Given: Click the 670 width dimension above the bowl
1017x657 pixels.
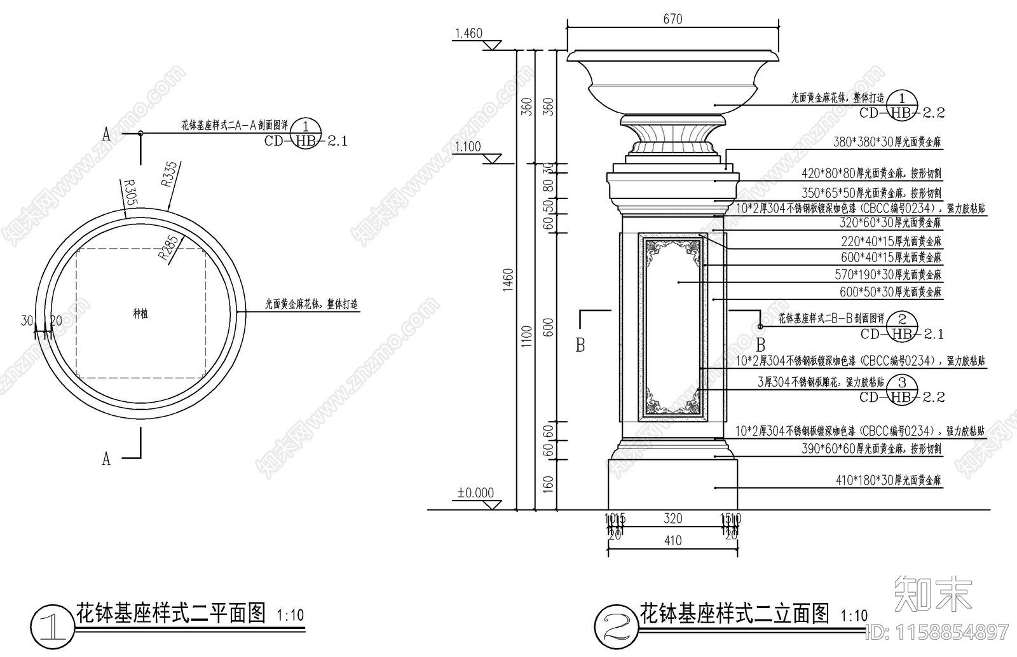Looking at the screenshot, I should [x=672, y=19].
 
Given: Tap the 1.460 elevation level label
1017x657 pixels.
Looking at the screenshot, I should [x=468, y=33].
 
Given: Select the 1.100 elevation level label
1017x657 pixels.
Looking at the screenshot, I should [x=468, y=147].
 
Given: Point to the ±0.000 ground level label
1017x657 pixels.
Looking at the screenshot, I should [x=475, y=493].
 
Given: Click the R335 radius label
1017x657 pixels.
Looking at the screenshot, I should [x=169, y=174].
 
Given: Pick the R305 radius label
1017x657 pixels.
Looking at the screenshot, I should [x=129, y=193].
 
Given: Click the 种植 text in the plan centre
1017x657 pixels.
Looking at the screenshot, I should [x=140, y=314].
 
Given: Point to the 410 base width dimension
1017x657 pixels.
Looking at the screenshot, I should [x=672, y=541].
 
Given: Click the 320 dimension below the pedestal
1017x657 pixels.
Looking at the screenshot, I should [x=672, y=518].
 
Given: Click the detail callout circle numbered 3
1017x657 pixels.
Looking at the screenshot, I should [x=902, y=382].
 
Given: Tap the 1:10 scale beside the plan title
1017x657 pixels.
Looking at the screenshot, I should [x=290, y=616].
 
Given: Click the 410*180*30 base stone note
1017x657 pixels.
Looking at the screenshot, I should [x=888, y=481].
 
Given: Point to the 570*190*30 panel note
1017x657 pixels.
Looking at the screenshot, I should [x=888, y=275].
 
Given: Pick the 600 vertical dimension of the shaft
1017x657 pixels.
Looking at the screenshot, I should [x=549, y=327].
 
